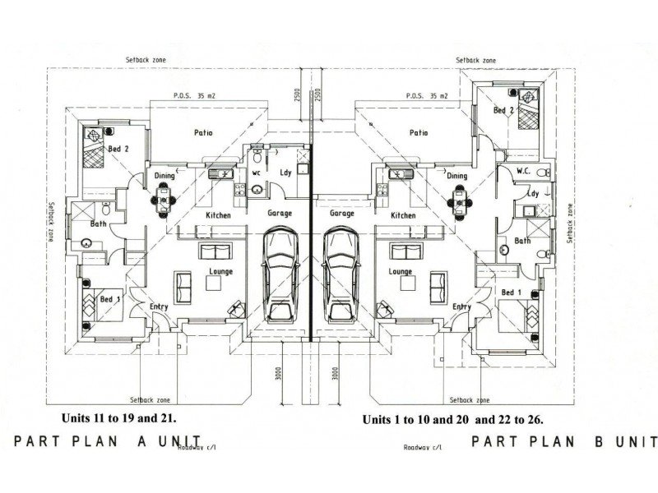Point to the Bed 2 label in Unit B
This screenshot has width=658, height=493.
click(x=503, y=110)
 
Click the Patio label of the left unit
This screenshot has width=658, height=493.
click(x=204, y=132)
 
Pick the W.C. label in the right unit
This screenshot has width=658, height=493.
click(x=526, y=172)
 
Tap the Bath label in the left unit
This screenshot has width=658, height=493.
click(x=99, y=223)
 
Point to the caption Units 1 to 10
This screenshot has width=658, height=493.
click(x=453, y=419)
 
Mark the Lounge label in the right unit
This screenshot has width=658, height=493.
click(x=400, y=271)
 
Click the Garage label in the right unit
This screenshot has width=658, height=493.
click(x=341, y=214)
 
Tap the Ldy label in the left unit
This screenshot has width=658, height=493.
click(x=286, y=173)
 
